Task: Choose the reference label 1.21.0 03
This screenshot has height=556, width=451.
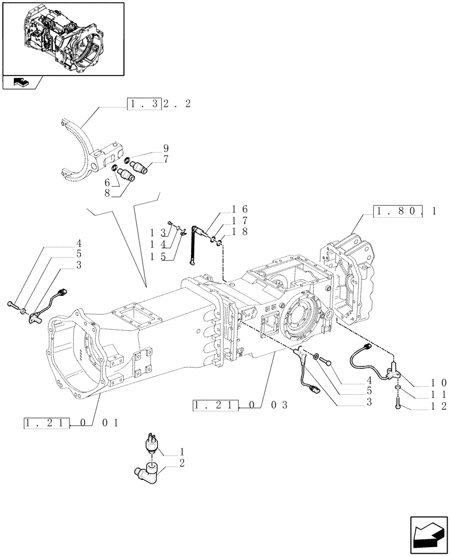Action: click(239, 405)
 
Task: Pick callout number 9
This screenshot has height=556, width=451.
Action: click(150, 149)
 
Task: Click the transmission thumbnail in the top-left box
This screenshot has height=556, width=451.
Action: click(62, 38)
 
